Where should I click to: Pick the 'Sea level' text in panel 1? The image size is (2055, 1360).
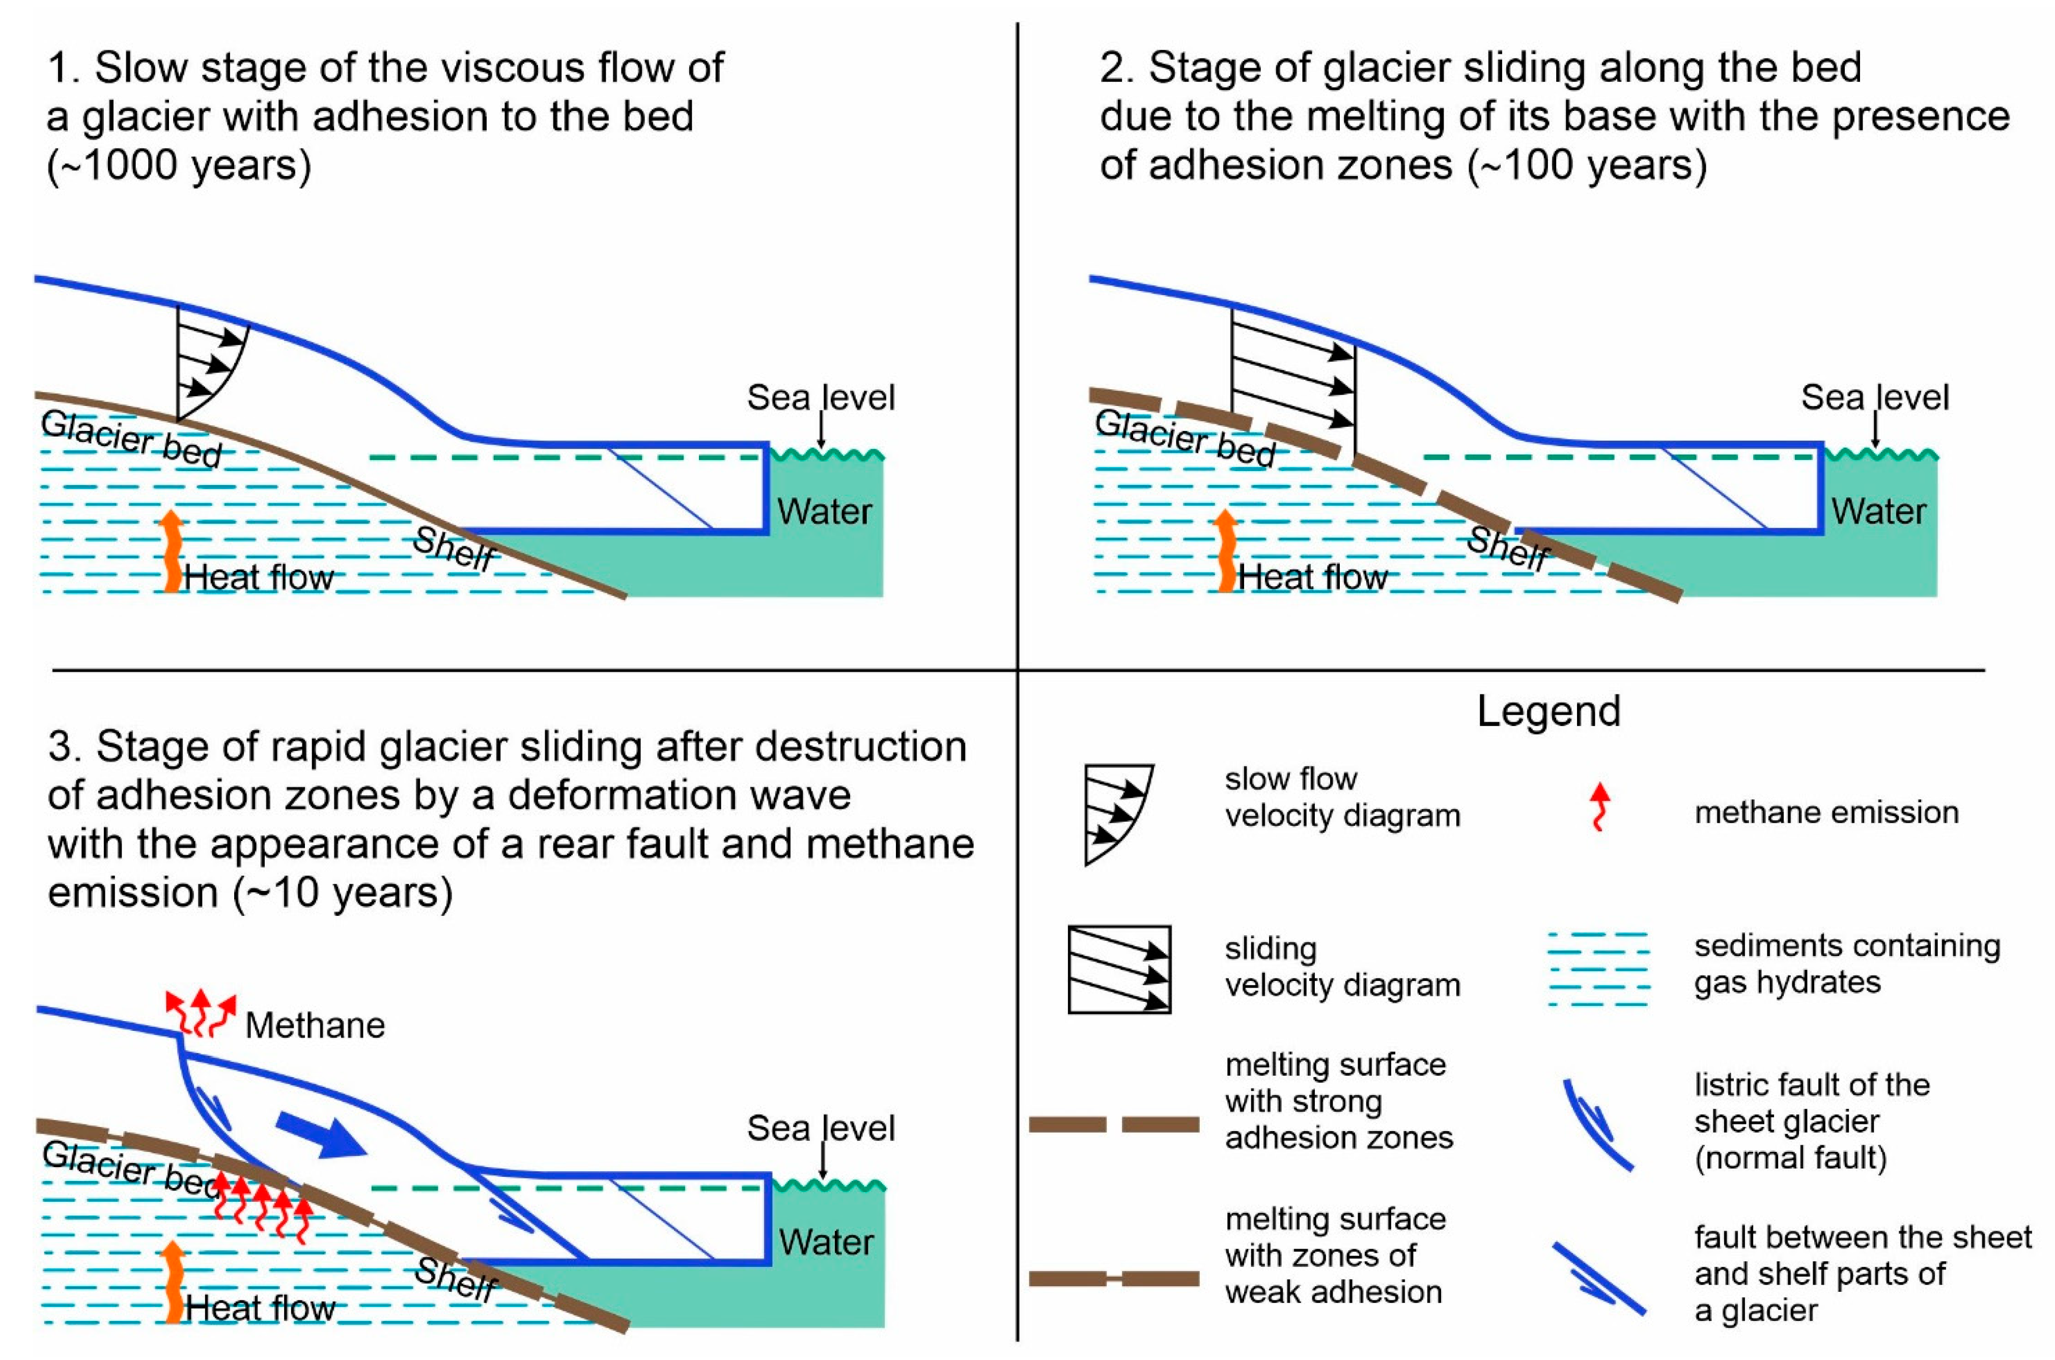pyautogui.click(x=820, y=397)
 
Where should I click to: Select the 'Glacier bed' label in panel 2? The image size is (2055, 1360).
pyautogui.click(x=1185, y=438)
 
